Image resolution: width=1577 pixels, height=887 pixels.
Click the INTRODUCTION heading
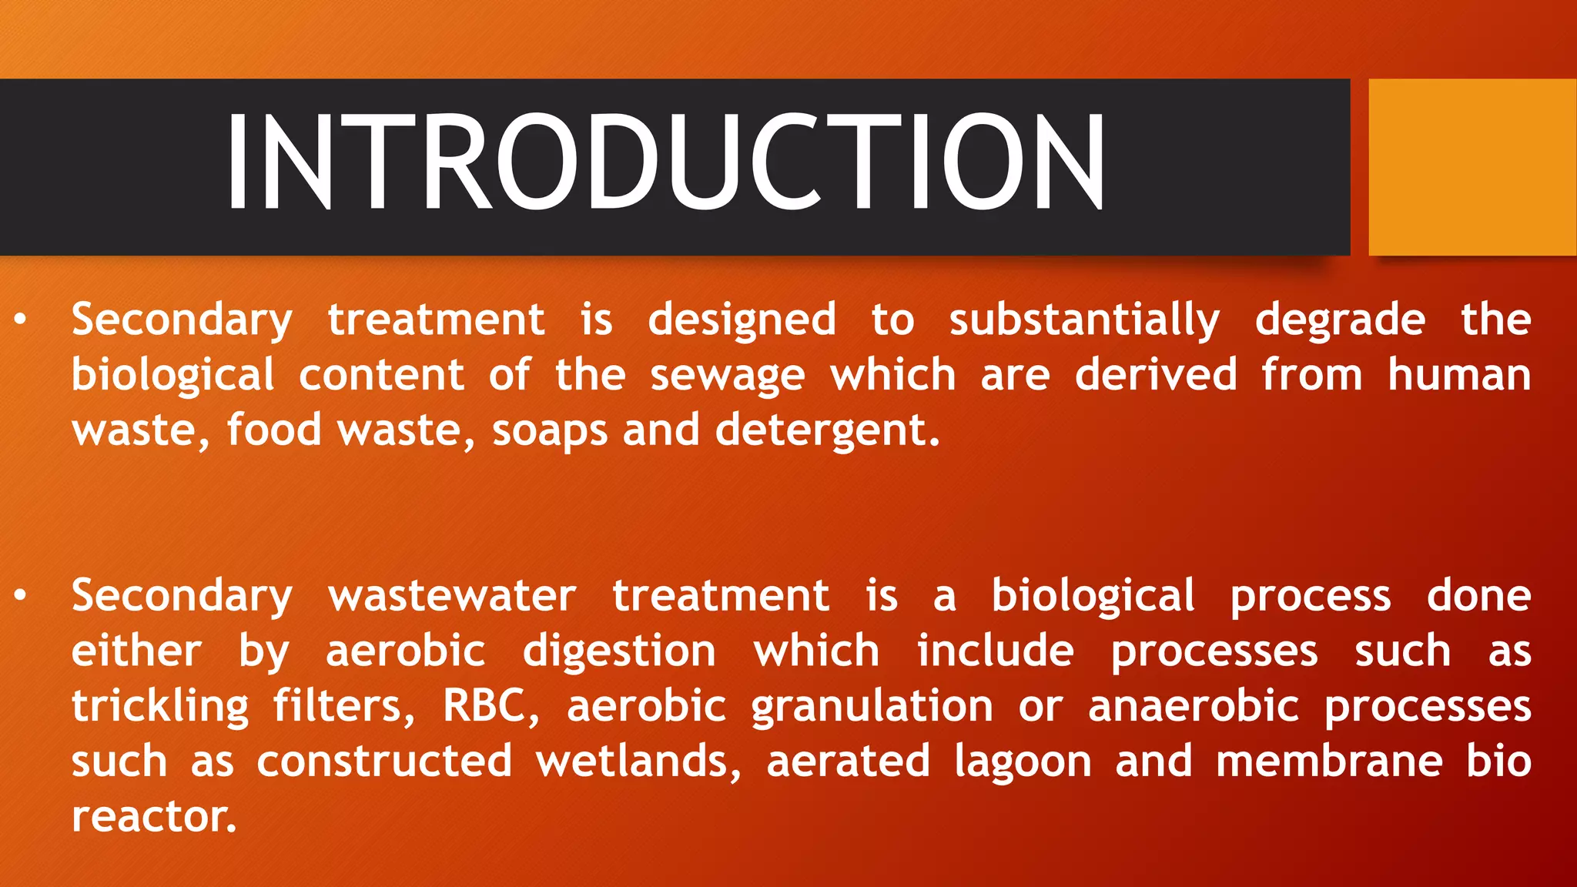click(666, 162)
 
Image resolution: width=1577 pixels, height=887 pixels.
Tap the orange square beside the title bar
click(1472, 167)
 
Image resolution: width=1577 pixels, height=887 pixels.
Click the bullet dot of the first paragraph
click(21, 320)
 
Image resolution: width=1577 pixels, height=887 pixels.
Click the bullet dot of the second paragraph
click(21, 595)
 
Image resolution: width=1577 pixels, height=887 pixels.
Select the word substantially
click(1083, 320)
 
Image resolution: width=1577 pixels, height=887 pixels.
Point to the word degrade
click(1340, 320)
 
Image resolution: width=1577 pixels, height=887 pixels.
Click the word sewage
click(727, 377)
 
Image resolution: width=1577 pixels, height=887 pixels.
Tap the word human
click(1458, 375)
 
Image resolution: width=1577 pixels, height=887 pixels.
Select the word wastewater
click(452, 596)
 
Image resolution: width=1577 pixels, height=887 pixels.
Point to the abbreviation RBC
click(490, 706)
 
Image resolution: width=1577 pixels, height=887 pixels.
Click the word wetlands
click(638, 761)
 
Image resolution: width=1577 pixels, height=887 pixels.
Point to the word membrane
click(1329, 761)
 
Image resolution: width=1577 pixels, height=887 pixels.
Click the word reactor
click(153, 817)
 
